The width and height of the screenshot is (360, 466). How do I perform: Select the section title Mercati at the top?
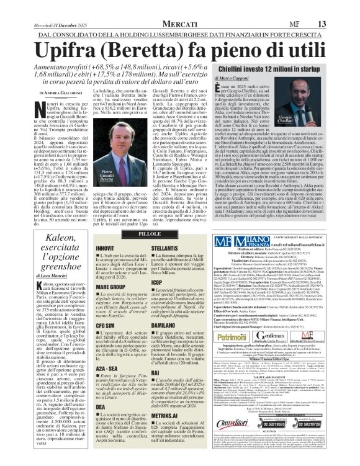[x=182, y=7]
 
